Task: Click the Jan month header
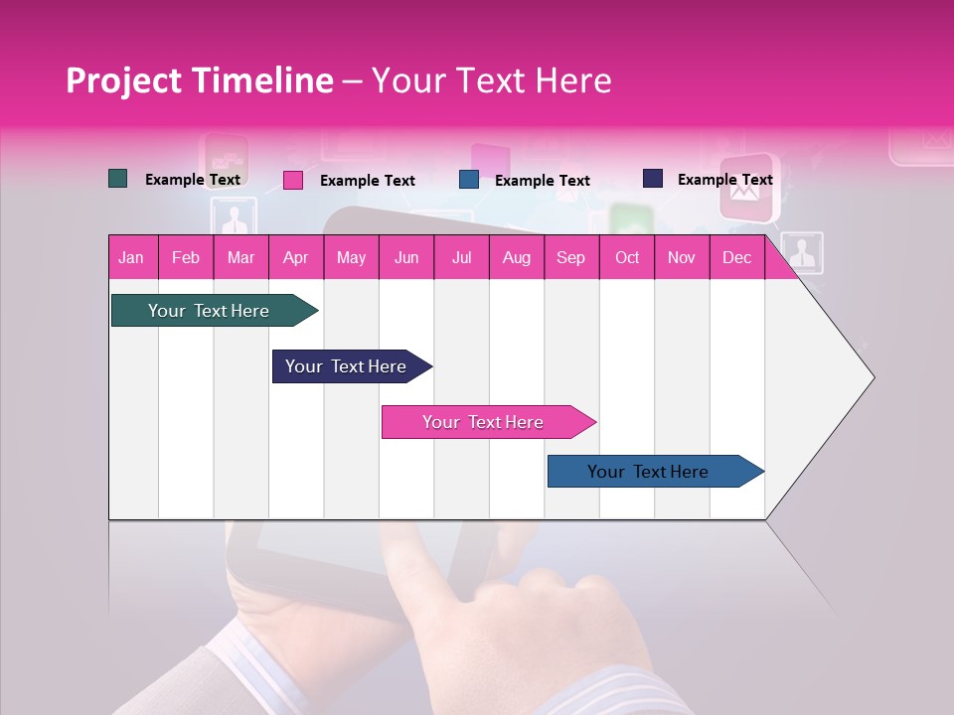pyautogui.click(x=131, y=258)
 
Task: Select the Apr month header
pyautogui.click(x=295, y=258)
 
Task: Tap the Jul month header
pyautogui.click(x=461, y=258)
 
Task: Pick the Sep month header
pyautogui.click(x=570, y=258)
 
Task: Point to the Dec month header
pyautogui.click(x=736, y=258)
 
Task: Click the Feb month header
pyautogui.click(x=186, y=258)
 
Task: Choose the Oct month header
pyautogui.click(x=627, y=258)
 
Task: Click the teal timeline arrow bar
pyautogui.click(x=210, y=311)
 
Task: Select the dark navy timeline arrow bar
pyautogui.click(x=348, y=366)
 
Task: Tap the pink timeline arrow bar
pyautogui.click(x=485, y=422)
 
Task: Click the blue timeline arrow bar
pyautogui.click(x=651, y=472)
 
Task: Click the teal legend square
pyautogui.click(x=118, y=179)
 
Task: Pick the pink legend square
pyautogui.click(x=293, y=180)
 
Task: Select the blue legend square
pyautogui.click(x=469, y=180)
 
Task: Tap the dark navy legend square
pyautogui.click(x=653, y=179)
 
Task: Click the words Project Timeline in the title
pyautogui.click(x=199, y=80)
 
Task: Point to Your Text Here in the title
pyautogui.click(x=492, y=80)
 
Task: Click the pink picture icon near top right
pyautogui.click(x=747, y=188)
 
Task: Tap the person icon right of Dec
pyautogui.click(x=802, y=253)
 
